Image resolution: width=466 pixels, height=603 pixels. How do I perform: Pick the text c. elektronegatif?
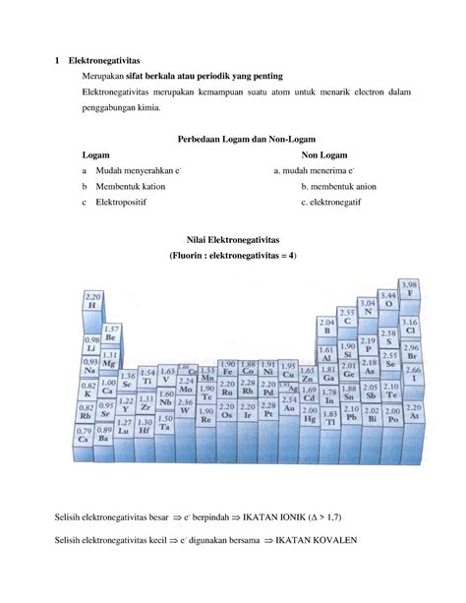332,203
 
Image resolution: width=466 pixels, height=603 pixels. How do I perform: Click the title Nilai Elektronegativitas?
232,239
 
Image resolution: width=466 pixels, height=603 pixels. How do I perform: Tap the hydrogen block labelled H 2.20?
93,302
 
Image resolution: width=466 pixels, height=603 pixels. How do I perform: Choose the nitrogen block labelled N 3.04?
366,308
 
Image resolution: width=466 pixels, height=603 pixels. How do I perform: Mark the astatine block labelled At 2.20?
413,412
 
